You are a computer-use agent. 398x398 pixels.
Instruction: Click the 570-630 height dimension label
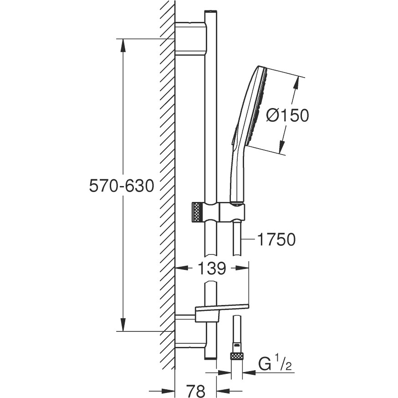click(x=122, y=186)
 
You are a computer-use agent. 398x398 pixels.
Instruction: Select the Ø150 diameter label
click(x=288, y=115)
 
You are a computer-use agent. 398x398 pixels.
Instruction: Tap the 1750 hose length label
click(x=276, y=239)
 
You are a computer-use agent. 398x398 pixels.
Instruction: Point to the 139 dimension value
click(x=212, y=268)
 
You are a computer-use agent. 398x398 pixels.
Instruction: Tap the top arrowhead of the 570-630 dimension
click(x=122, y=45)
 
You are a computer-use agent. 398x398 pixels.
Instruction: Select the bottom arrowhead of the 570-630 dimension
click(x=122, y=325)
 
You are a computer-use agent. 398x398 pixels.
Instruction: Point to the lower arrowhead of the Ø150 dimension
click(x=281, y=147)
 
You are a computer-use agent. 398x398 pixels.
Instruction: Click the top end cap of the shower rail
click(x=211, y=12)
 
